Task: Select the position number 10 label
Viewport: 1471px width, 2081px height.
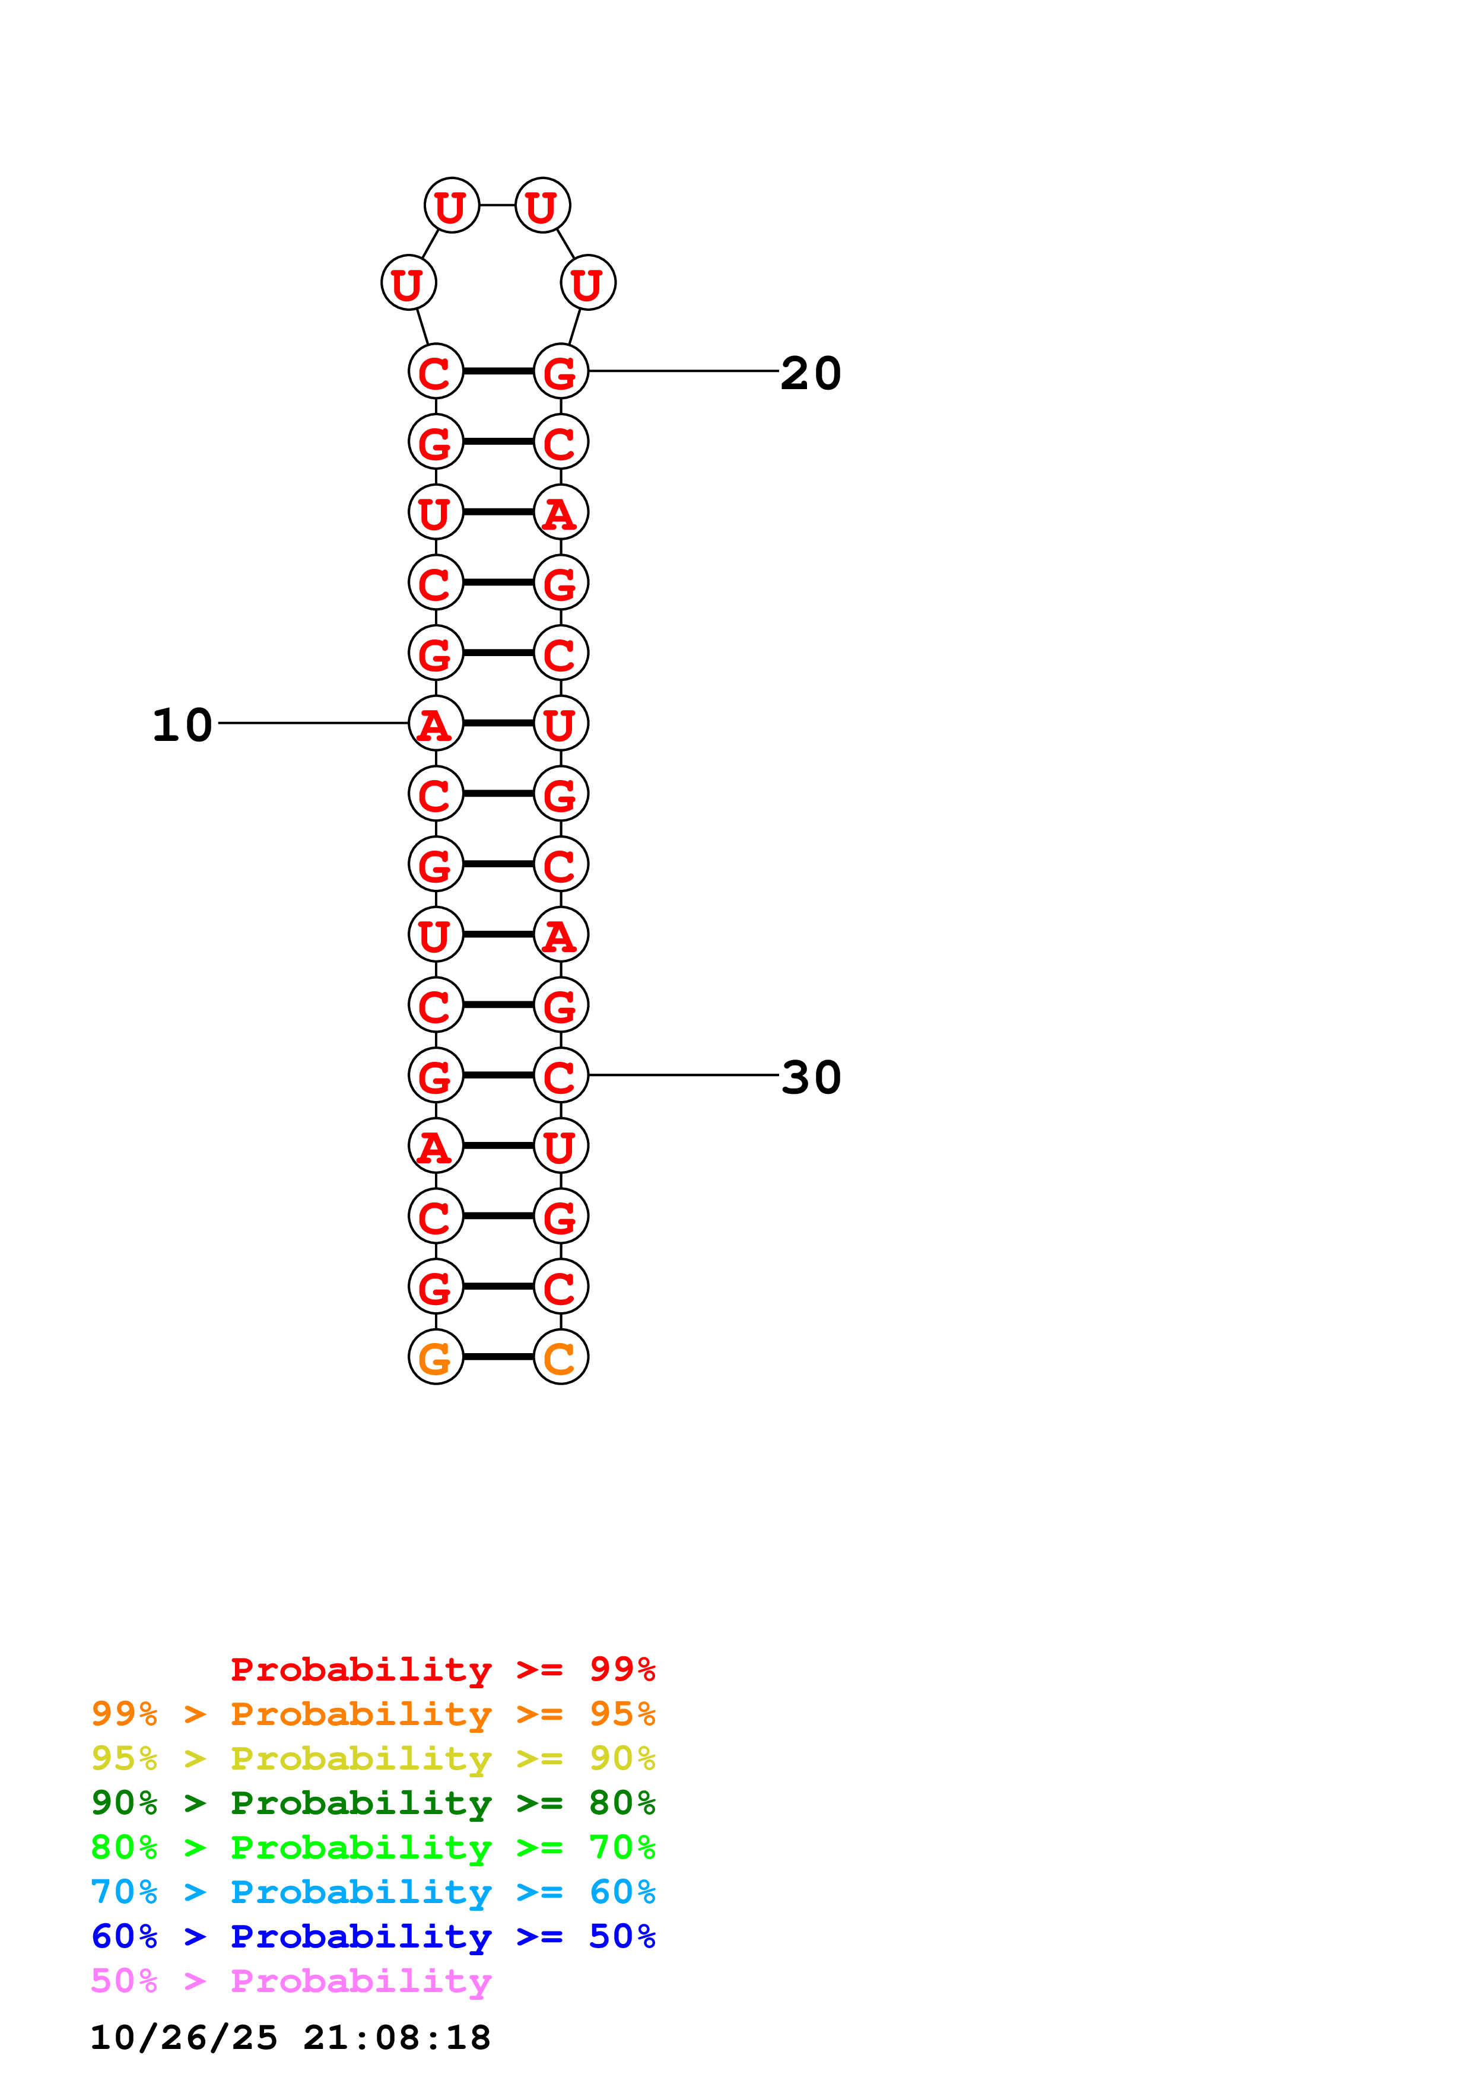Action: [182, 725]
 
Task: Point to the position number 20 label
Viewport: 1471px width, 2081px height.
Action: [811, 373]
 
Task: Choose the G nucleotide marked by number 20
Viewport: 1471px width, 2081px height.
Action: [560, 371]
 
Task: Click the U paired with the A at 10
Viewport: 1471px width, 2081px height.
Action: [560, 723]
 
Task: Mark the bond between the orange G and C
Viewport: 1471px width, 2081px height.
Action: [498, 1357]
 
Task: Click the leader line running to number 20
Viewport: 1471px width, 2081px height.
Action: [684, 371]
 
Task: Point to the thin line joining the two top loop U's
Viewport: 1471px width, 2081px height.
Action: [497, 205]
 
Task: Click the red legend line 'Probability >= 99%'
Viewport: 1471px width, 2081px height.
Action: [442, 1669]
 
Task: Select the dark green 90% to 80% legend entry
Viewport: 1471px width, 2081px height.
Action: [373, 1803]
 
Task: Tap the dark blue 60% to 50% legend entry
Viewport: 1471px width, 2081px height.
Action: [373, 1936]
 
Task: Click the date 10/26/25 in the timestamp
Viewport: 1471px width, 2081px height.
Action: [183, 2038]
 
